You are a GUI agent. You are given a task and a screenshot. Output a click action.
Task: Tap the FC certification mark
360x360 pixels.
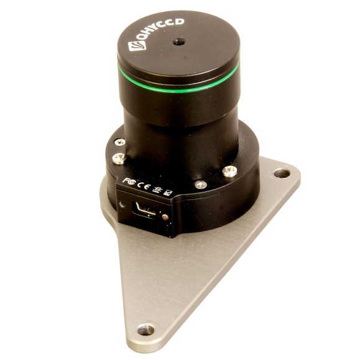click(x=127, y=180)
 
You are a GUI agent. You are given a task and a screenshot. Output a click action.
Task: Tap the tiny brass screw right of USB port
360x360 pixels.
click(x=165, y=218)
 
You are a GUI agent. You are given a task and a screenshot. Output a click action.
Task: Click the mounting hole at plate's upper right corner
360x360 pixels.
click(x=282, y=173)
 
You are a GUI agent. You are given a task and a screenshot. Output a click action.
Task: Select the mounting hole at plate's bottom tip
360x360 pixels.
click(x=145, y=330)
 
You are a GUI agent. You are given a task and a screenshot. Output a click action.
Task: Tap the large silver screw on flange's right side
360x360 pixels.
click(x=230, y=170)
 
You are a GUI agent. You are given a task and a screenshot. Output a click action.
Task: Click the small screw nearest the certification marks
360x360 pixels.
click(x=200, y=185)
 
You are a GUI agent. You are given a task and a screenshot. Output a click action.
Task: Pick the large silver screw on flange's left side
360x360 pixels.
click(x=118, y=159)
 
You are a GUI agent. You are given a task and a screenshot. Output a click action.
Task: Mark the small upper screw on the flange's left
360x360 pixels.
click(x=120, y=142)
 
